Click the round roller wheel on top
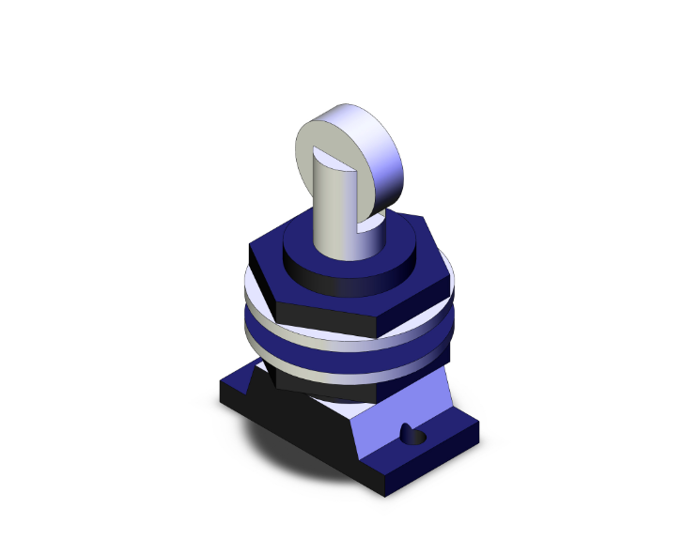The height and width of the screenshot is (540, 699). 349,150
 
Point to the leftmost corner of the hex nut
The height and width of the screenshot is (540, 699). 250,246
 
